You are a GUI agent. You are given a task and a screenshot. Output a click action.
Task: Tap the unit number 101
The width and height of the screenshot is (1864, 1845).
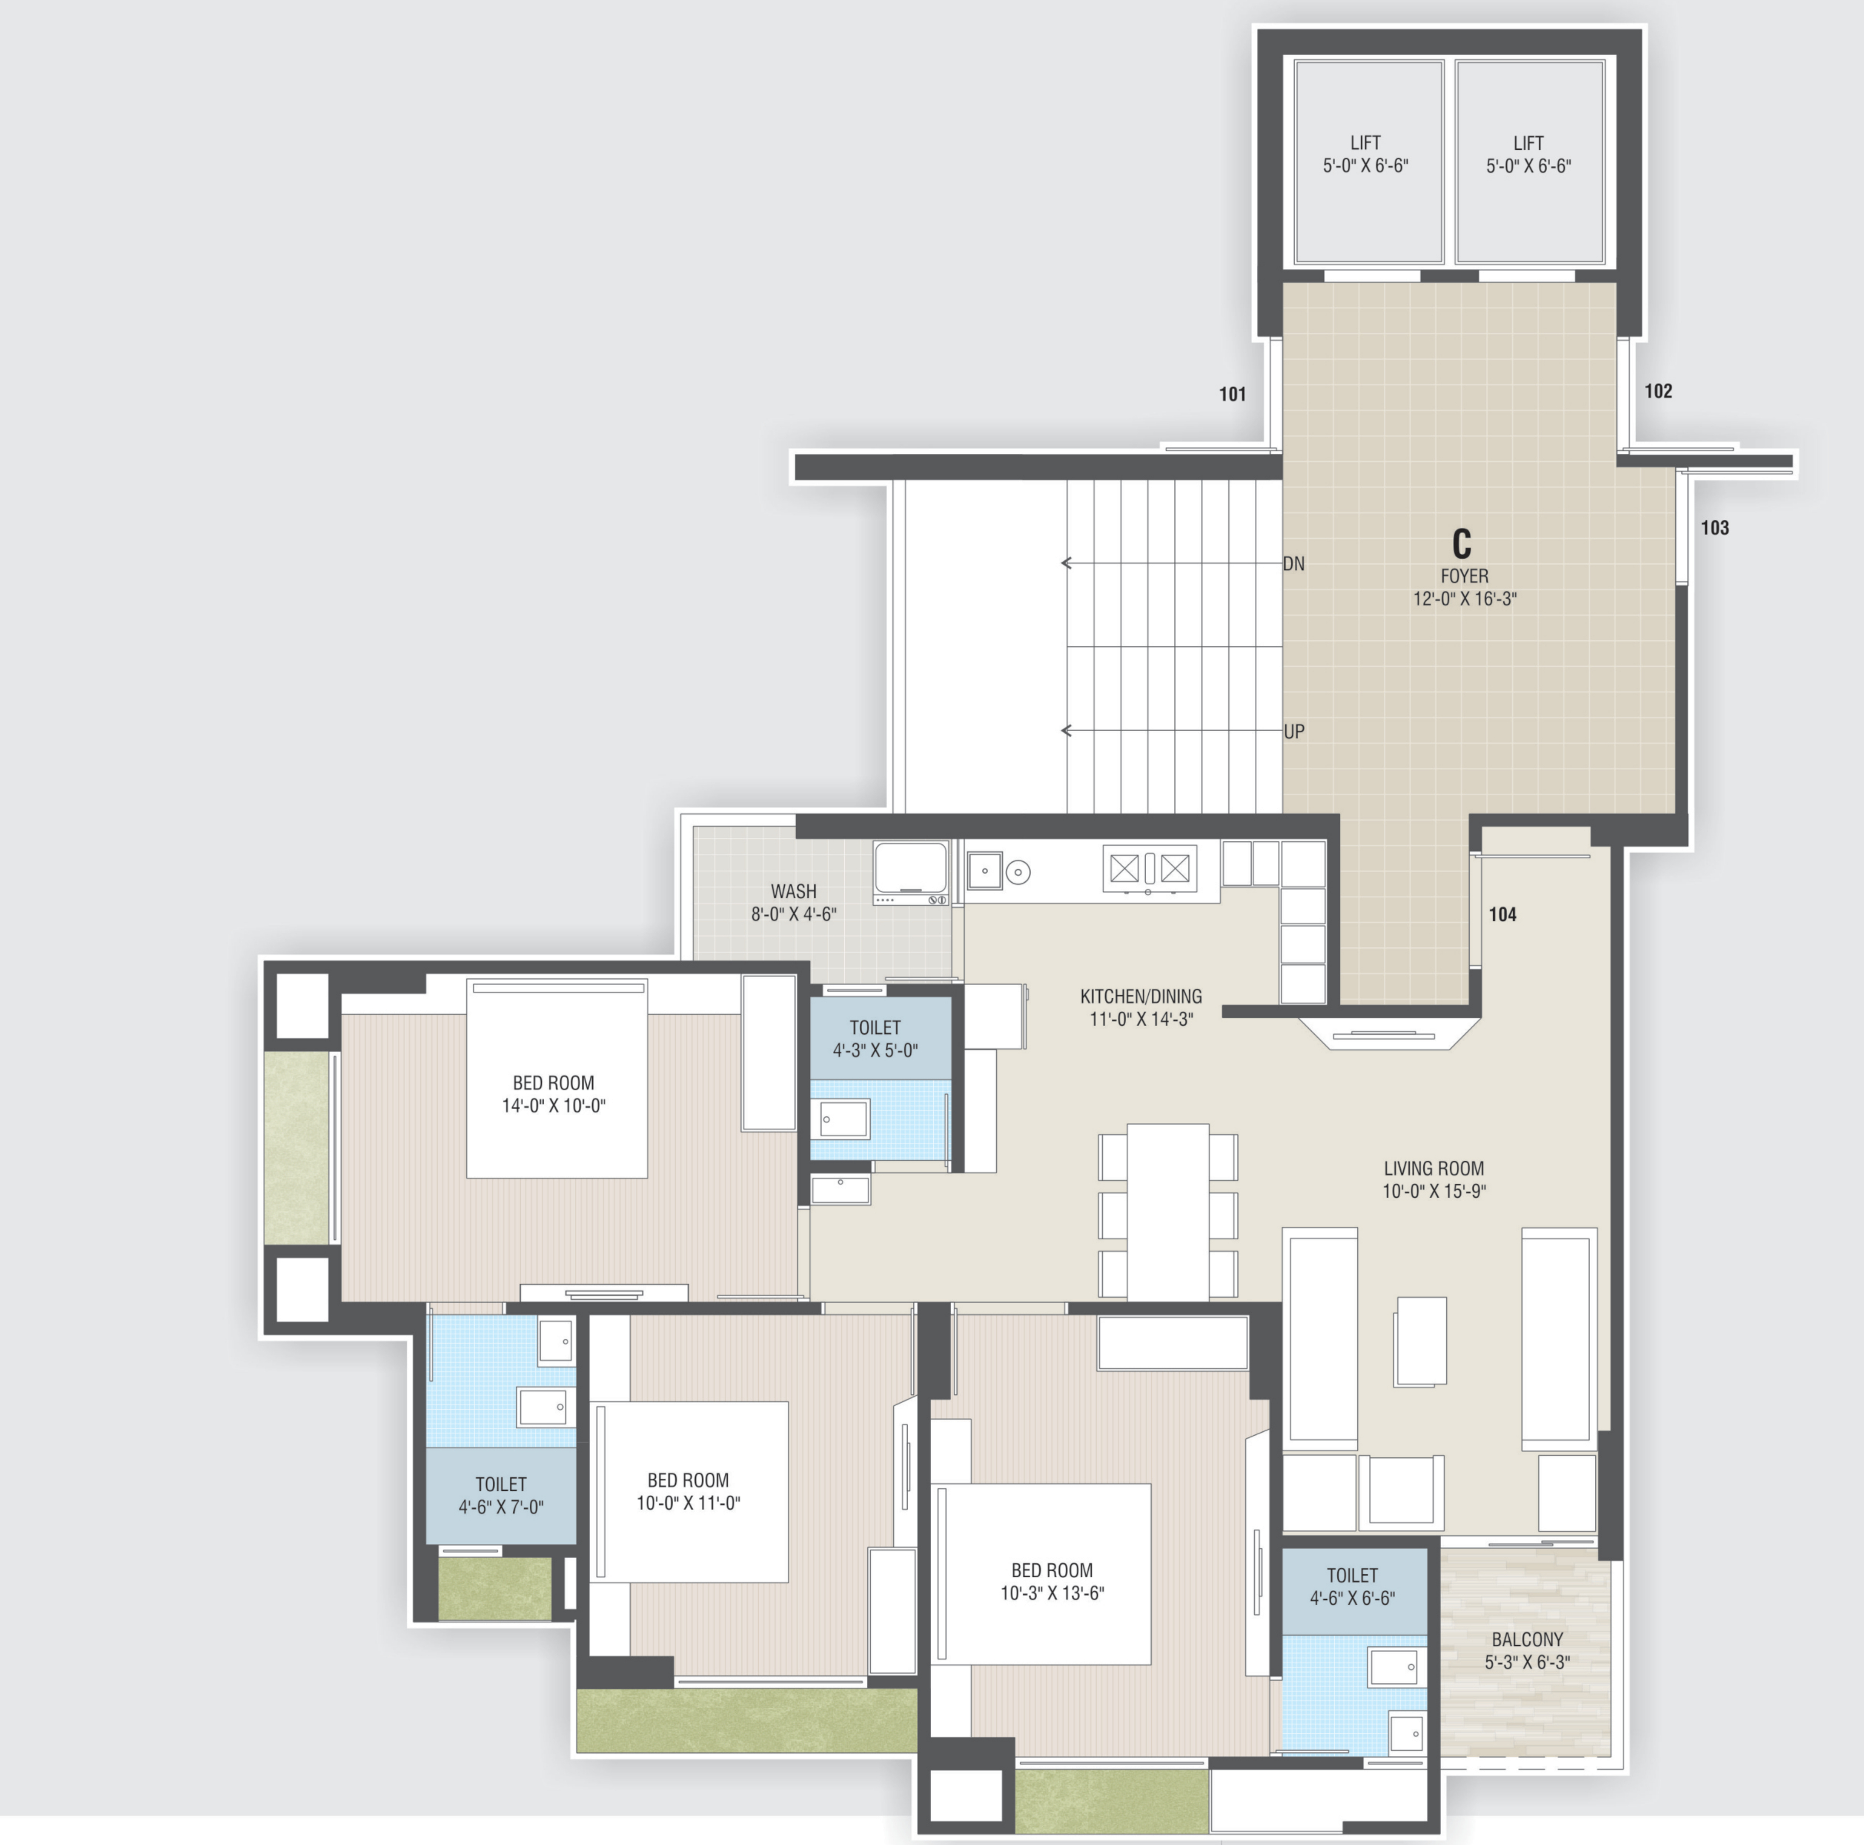point(1232,394)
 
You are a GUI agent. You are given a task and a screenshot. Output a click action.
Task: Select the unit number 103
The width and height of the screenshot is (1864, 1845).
point(1715,528)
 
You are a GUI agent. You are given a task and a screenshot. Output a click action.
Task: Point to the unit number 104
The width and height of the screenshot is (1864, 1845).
point(1502,915)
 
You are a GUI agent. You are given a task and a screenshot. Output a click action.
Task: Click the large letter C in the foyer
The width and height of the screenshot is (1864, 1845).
point(1462,544)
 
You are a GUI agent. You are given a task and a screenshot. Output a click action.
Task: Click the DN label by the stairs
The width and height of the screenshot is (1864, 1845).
point(1294,563)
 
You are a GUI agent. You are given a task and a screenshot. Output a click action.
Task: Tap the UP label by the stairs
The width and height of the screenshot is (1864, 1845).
point(1294,731)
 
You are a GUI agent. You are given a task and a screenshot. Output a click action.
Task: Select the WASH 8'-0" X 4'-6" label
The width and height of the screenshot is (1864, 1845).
point(793,902)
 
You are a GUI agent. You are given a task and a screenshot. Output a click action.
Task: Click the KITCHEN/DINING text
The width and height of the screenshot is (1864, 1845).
point(1141,996)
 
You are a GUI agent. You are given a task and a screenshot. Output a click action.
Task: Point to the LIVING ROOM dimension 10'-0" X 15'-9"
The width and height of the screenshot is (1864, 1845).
point(1433,1191)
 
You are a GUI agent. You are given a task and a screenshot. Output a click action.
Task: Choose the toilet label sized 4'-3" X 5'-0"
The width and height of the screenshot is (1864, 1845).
point(875,1038)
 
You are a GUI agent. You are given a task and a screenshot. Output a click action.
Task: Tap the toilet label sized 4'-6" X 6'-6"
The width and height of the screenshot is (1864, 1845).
point(1352,1586)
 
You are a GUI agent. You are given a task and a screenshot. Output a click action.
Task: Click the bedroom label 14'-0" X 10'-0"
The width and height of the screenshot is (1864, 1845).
point(553,1094)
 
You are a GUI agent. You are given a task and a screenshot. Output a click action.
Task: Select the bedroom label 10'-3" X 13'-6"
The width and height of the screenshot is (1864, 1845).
point(1052,1582)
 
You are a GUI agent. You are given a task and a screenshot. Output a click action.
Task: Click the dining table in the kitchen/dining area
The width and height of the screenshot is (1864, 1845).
point(1167,1211)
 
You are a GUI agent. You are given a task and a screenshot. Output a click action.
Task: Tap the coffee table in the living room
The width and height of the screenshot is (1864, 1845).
point(1420,1341)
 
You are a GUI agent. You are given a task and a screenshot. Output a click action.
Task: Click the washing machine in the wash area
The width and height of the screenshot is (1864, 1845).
point(910,872)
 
